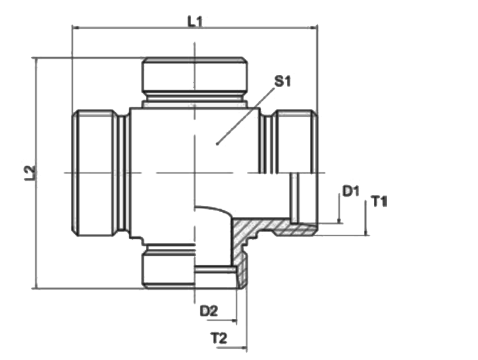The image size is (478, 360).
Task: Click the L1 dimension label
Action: point(195,21)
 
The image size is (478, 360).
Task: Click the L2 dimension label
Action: point(30,173)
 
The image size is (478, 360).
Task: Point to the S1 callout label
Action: point(283,81)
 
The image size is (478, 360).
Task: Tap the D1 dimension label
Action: point(351,191)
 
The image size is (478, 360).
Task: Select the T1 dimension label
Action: point(379,201)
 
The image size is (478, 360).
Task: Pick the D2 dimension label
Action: point(209,311)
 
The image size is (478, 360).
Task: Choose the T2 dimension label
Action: point(219,338)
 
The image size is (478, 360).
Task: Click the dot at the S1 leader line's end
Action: point(217,144)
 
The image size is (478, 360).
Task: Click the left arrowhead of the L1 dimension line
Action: point(75,28)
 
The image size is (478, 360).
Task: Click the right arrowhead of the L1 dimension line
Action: point(314,28)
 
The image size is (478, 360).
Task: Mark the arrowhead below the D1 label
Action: point(339,220)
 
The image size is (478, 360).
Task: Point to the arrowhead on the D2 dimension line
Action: point(233,320)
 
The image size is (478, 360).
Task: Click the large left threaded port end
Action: point(95,173)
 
